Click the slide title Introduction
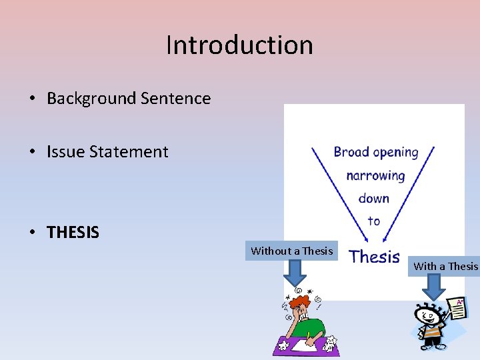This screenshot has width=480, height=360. (x=239, y=45)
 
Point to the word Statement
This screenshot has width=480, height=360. (x=129, y=152)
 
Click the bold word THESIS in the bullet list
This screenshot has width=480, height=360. (x=73, y=233)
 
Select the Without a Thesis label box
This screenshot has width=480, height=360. (x=291, y=251)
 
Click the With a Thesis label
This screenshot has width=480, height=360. (x=445, y=266)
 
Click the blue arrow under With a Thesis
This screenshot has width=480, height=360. (x=434, y=287)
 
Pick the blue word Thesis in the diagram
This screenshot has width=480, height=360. (x=375, y=257)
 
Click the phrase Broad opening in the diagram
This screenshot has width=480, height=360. (x=376, y=152)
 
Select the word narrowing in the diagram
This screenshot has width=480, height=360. (x=375, y=176)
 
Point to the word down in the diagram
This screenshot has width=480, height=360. (x=374, y=198)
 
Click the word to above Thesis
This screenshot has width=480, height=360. (x=373, y=221)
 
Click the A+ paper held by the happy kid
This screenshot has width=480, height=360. (x=457, y=311)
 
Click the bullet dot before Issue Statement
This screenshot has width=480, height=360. (x=32, y=152)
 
